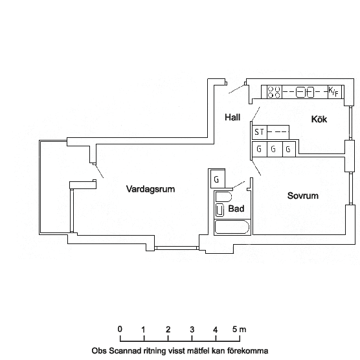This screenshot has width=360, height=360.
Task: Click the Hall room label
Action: tap(232, 117)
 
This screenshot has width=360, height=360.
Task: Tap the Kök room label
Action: tap(319, 119)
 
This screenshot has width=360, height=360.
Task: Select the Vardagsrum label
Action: tap(150, 189)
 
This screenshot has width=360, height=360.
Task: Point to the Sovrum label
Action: tap(303, 196)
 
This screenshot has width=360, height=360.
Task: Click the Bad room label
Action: tap(236, 208)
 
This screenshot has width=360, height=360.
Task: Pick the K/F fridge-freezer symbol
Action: tap(335, 92)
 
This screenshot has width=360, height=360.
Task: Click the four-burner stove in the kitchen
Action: tap(275, 92)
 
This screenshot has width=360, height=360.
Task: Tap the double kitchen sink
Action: tap(305, 92)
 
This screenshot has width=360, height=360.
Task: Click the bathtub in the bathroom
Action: tap(232, 227)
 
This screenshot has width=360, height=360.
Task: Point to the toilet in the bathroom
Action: tap(219, 210)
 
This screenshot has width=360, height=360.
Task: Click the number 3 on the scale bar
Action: tap(192, 330)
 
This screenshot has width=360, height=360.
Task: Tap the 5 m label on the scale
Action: tap(239, 330)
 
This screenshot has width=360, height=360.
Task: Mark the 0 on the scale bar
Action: tap(120, 329)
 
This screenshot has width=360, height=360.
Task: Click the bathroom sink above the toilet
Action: tap(223, 197)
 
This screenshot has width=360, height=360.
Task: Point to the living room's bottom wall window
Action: tap(176, 248)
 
